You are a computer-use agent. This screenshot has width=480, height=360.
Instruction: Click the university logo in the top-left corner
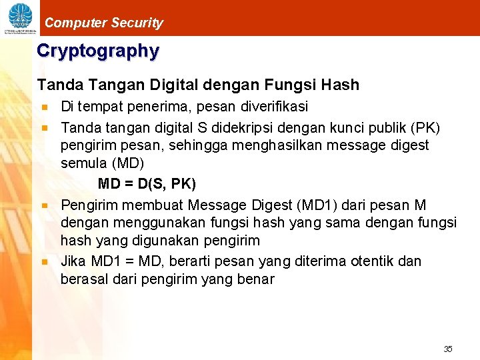(19, 18)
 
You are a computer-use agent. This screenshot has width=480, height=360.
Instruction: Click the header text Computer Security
(103, 23)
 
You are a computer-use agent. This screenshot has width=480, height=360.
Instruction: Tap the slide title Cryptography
(98, 51)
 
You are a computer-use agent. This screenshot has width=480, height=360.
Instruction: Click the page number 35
(448, 349)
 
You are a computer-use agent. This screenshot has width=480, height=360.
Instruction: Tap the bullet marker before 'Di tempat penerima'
(45, 107)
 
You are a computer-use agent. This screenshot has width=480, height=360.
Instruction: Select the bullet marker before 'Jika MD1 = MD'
(45, 261)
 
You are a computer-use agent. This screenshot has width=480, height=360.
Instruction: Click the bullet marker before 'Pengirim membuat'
(45, 205)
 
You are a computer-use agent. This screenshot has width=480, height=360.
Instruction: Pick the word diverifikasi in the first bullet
(269, 107)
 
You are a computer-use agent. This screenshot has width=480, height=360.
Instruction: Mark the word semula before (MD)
(83, 163)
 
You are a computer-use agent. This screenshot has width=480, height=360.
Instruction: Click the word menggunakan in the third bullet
(145, 223)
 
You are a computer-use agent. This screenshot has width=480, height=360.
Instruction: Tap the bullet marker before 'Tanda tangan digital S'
(45, 127)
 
